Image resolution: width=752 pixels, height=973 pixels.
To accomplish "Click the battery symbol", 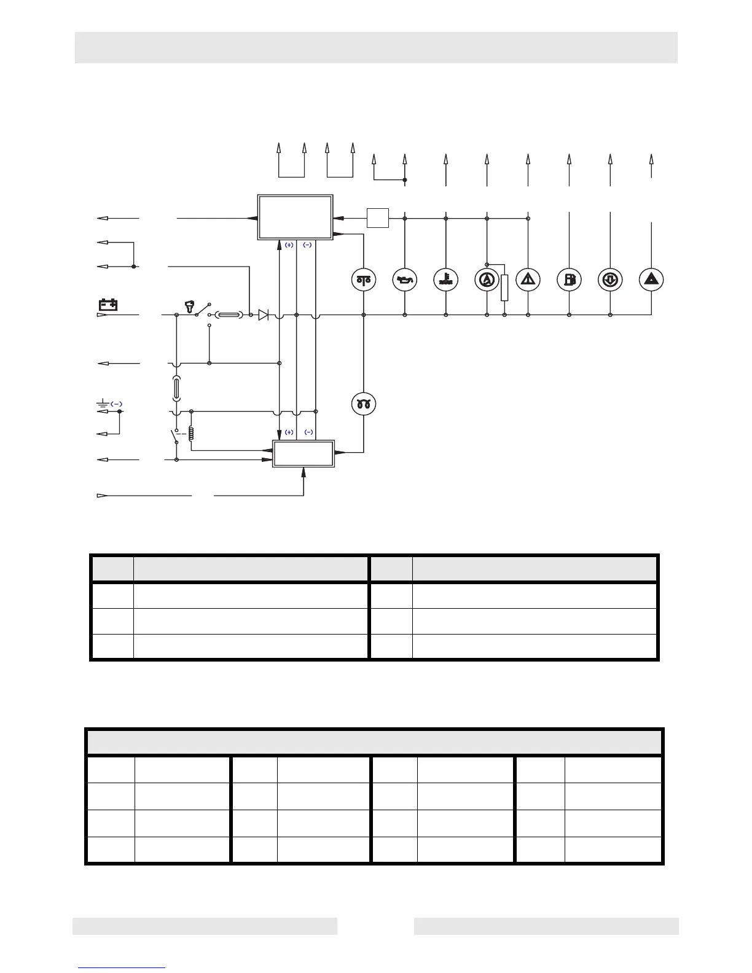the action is (109, 304).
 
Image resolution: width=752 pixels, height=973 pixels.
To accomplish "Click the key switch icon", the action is (190, 305).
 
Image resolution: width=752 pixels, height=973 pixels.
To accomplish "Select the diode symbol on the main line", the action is (264, 315).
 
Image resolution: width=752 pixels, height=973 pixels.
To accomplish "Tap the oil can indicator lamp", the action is (405, 279).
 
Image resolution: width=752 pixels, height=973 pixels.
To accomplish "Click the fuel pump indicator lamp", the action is (569, 279).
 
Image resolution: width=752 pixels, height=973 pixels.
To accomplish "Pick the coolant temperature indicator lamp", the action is (445, 279).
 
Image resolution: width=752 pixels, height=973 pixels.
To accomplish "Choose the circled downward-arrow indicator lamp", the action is (610, 279).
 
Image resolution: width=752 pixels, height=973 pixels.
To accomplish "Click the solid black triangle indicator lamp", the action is (651, 279).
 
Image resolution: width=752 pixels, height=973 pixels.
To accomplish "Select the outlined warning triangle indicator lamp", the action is (528, 279).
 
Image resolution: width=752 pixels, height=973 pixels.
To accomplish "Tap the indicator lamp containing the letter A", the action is (487, 279).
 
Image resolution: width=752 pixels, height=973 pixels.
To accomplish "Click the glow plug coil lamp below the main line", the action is (364, 404).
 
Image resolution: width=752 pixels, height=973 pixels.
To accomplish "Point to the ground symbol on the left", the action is (103, 404).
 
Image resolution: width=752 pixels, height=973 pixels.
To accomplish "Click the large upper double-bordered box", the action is (295, 217).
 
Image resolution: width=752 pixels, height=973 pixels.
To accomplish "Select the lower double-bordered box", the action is (304, 453).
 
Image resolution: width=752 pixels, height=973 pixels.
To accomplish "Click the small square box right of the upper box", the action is (378, 217).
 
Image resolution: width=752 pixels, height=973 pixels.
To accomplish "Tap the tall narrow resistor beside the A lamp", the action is (504, 287).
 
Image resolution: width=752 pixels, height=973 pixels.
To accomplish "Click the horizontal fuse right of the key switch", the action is (227, 315).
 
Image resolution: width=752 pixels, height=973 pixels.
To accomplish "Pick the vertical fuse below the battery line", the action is (176, 388).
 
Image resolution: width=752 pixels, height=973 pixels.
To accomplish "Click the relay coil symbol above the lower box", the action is (192, 433).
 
